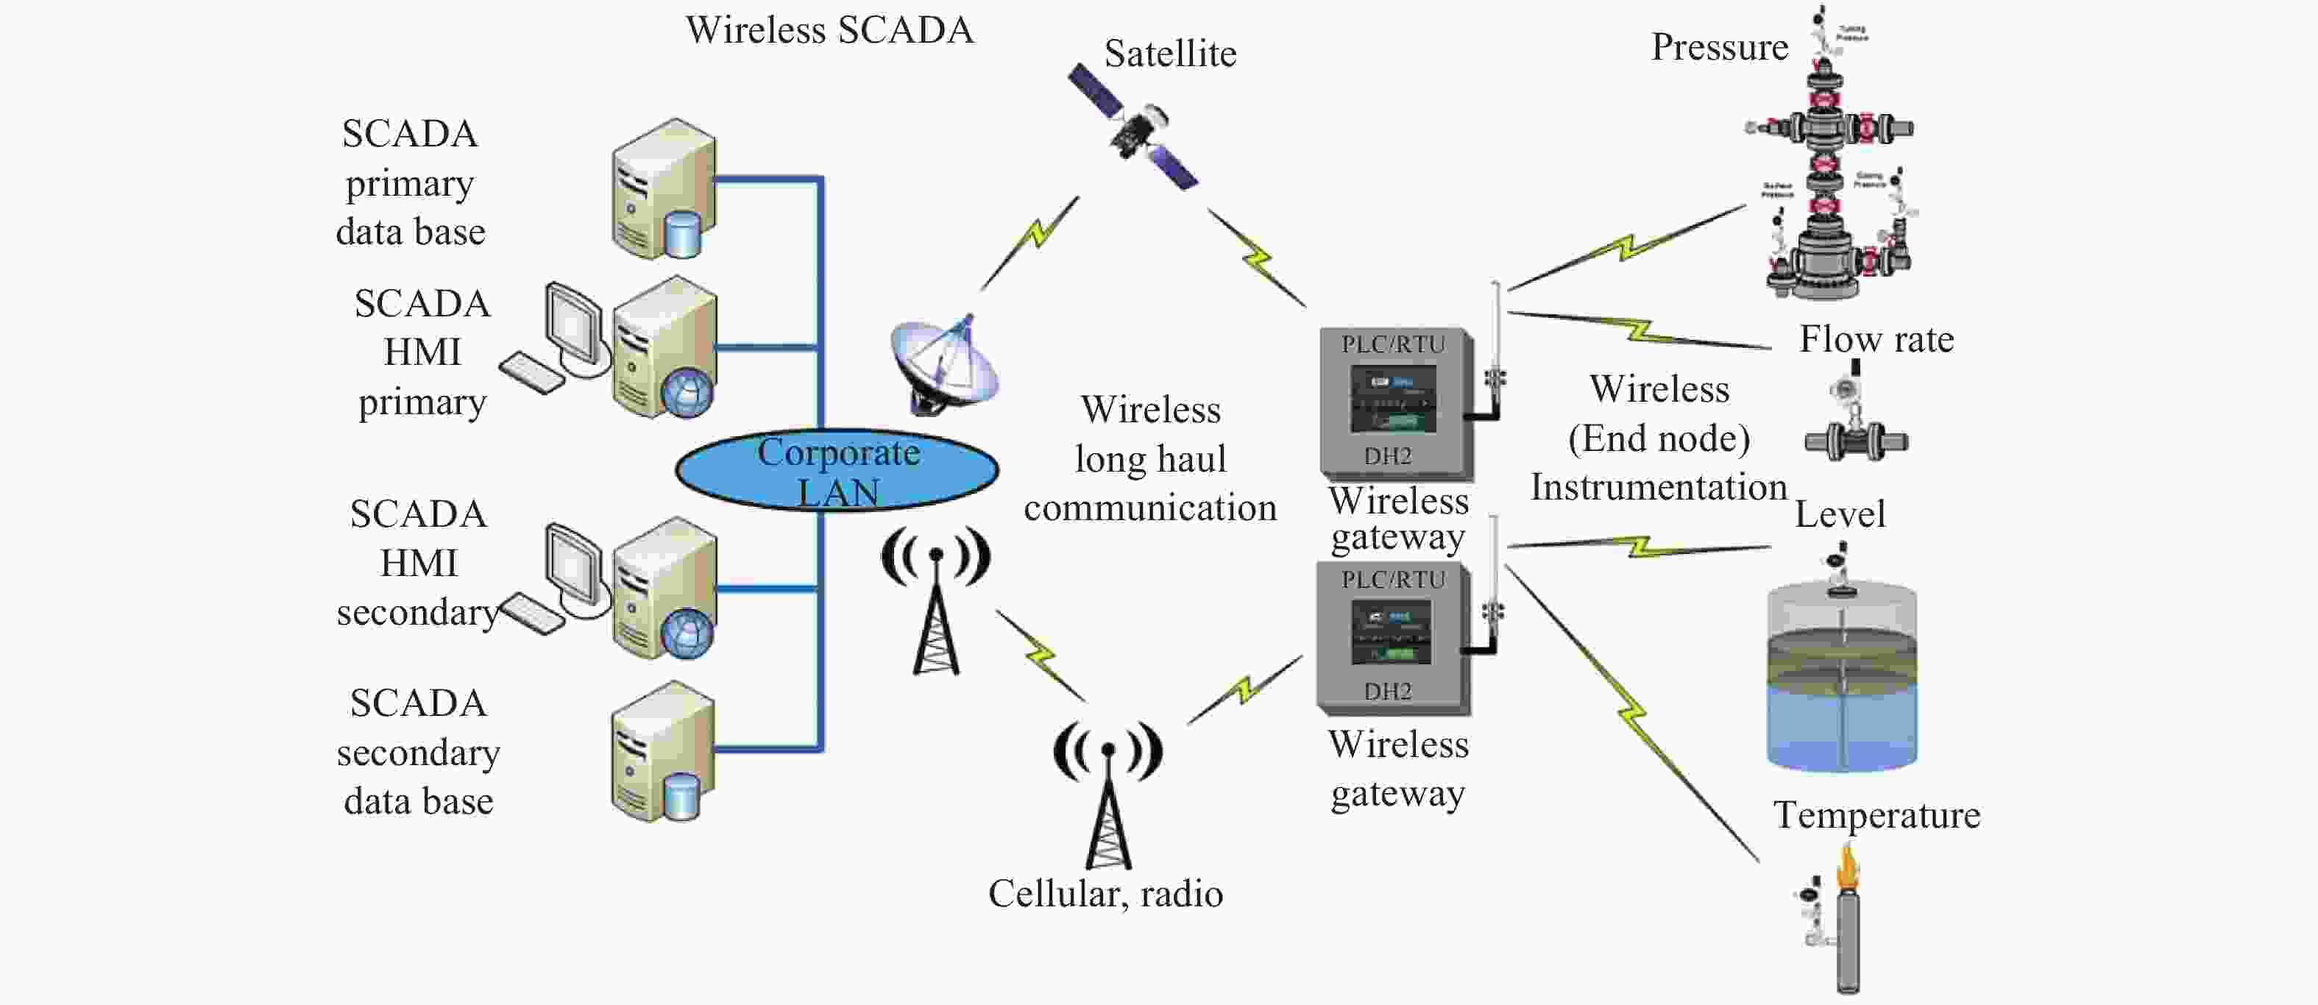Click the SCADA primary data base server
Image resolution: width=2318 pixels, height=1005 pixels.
pyautogui.click(x=664, y=191)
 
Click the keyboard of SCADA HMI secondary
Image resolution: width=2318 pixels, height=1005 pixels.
pyautogui.click(x=532, y=614)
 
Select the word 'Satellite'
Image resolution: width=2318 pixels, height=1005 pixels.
pyautogui.click(x=1170, y=54)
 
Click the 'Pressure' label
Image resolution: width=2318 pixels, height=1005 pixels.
pyautogui.click(x=1719, y=48)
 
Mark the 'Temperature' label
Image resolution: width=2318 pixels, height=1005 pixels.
pyautogui.click(x=1876, y=815)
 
